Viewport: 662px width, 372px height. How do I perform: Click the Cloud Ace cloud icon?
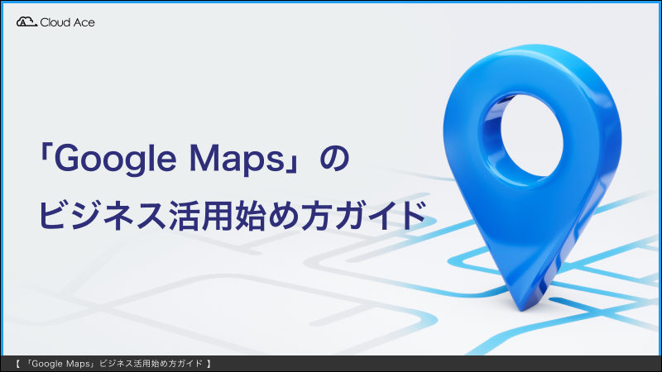(x=26, y=22)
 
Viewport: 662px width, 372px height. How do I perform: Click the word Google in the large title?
(x=115, y=160)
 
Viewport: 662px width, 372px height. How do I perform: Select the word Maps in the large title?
(x=237, y=160)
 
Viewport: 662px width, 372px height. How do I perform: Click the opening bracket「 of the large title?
(x=46, y=154)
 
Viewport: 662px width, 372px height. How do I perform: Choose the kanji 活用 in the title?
(x=200, y=215)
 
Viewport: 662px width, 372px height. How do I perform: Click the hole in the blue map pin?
(x=532, y=134)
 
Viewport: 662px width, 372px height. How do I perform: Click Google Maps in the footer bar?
(x=60, y=364)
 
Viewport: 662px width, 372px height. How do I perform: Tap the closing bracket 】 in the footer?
(x=209, y=364)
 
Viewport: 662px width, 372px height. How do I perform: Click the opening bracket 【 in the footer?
(x=17, y=364)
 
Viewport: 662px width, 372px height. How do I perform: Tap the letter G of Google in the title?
(x=68, y=158)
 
